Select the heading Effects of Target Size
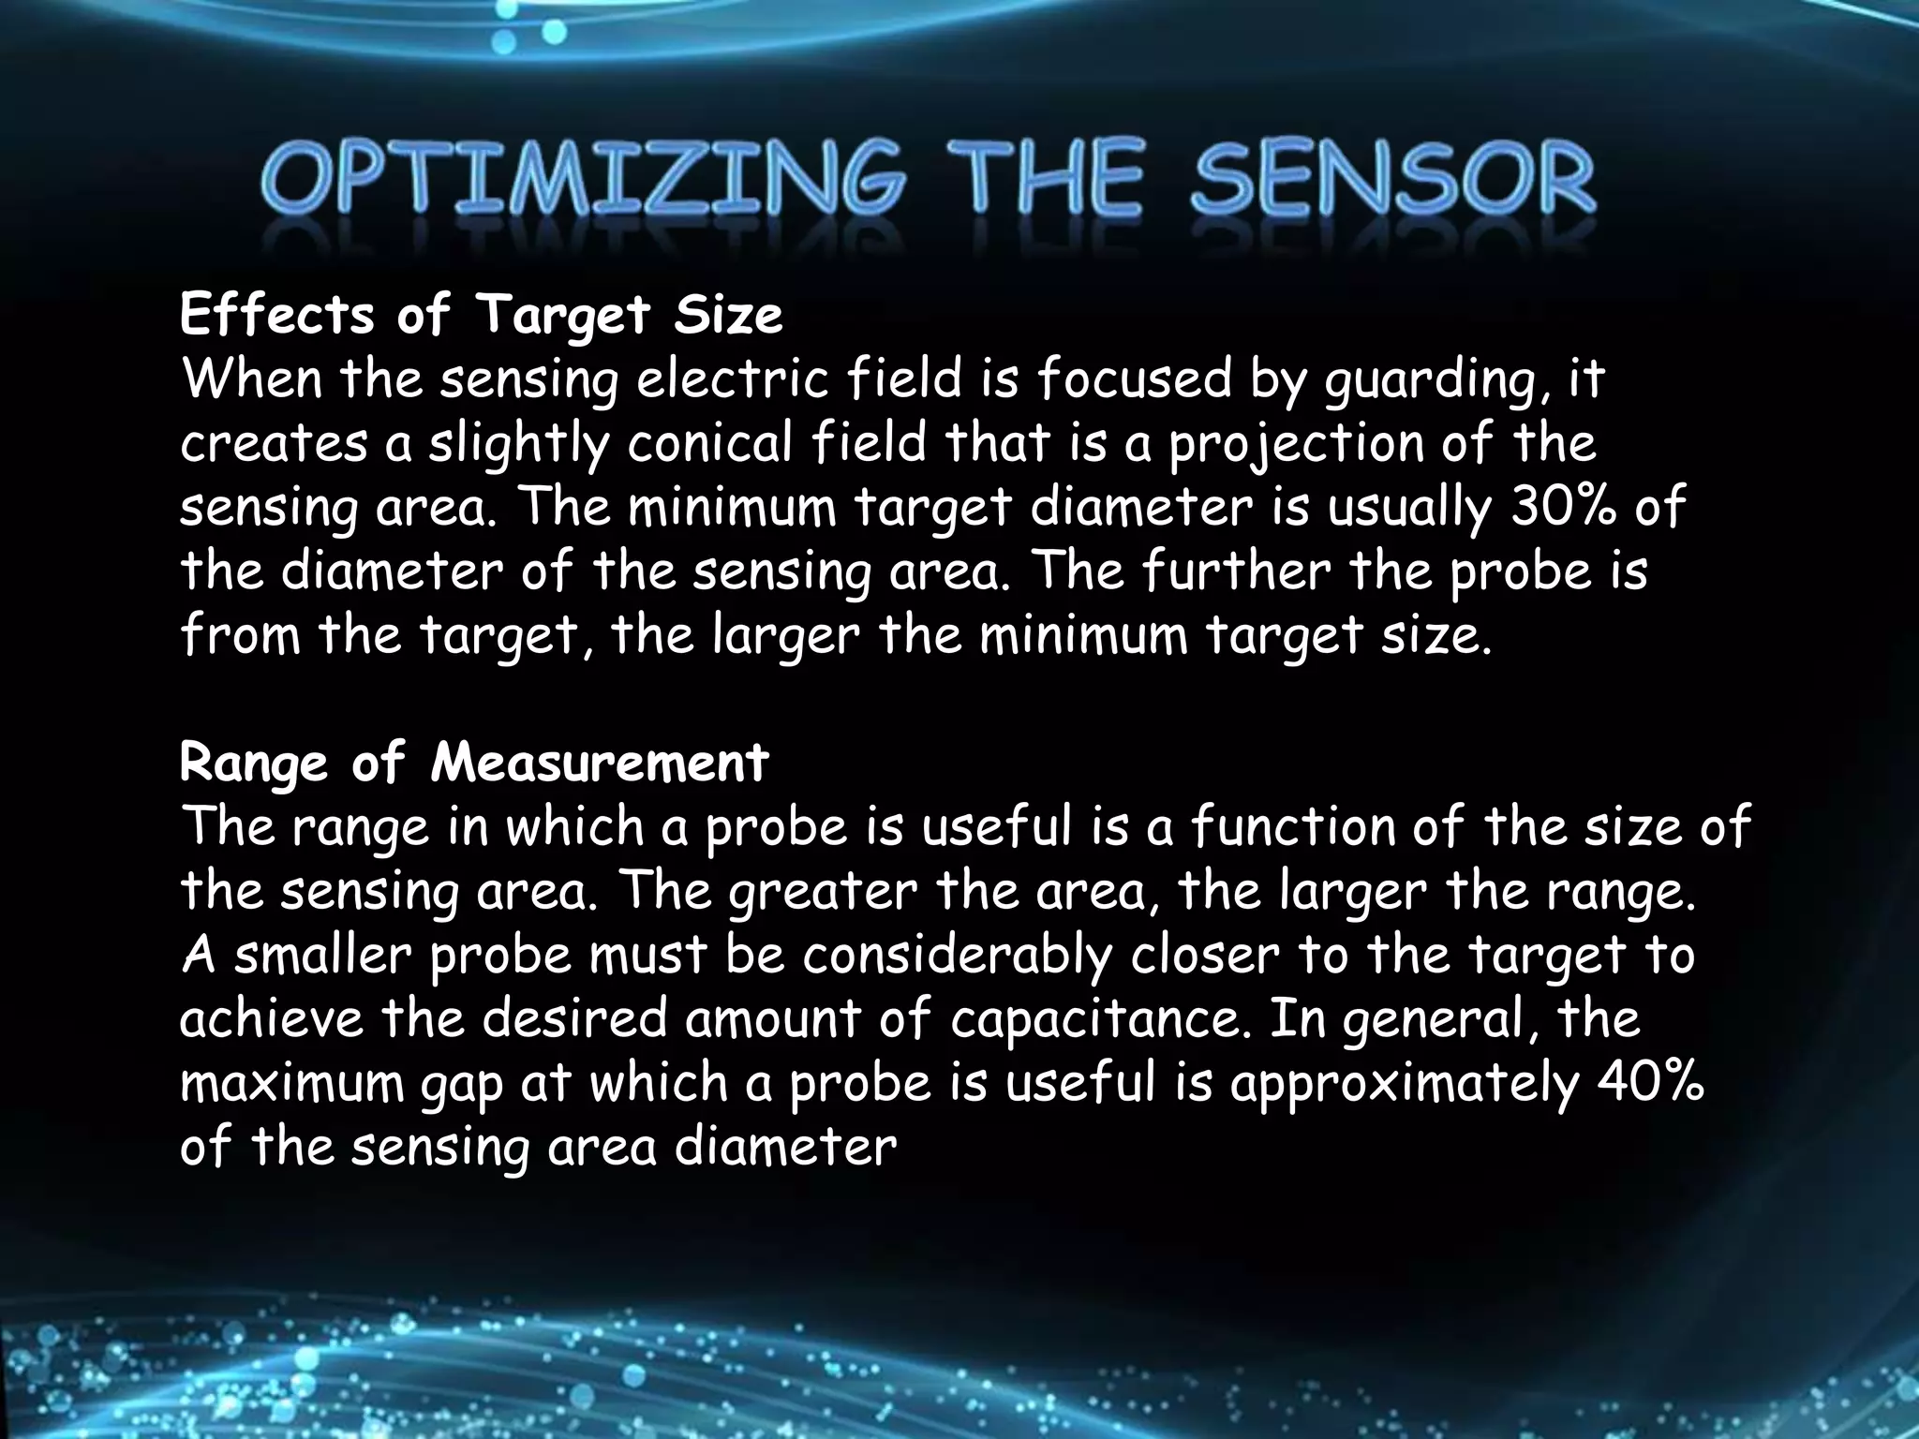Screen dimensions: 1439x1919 pyautogui.click(x=481, y=316)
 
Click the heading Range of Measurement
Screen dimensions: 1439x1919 pyautogui.click(x=474, y=764)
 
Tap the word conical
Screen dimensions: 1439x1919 pyautogui.click(x=711, y=444)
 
